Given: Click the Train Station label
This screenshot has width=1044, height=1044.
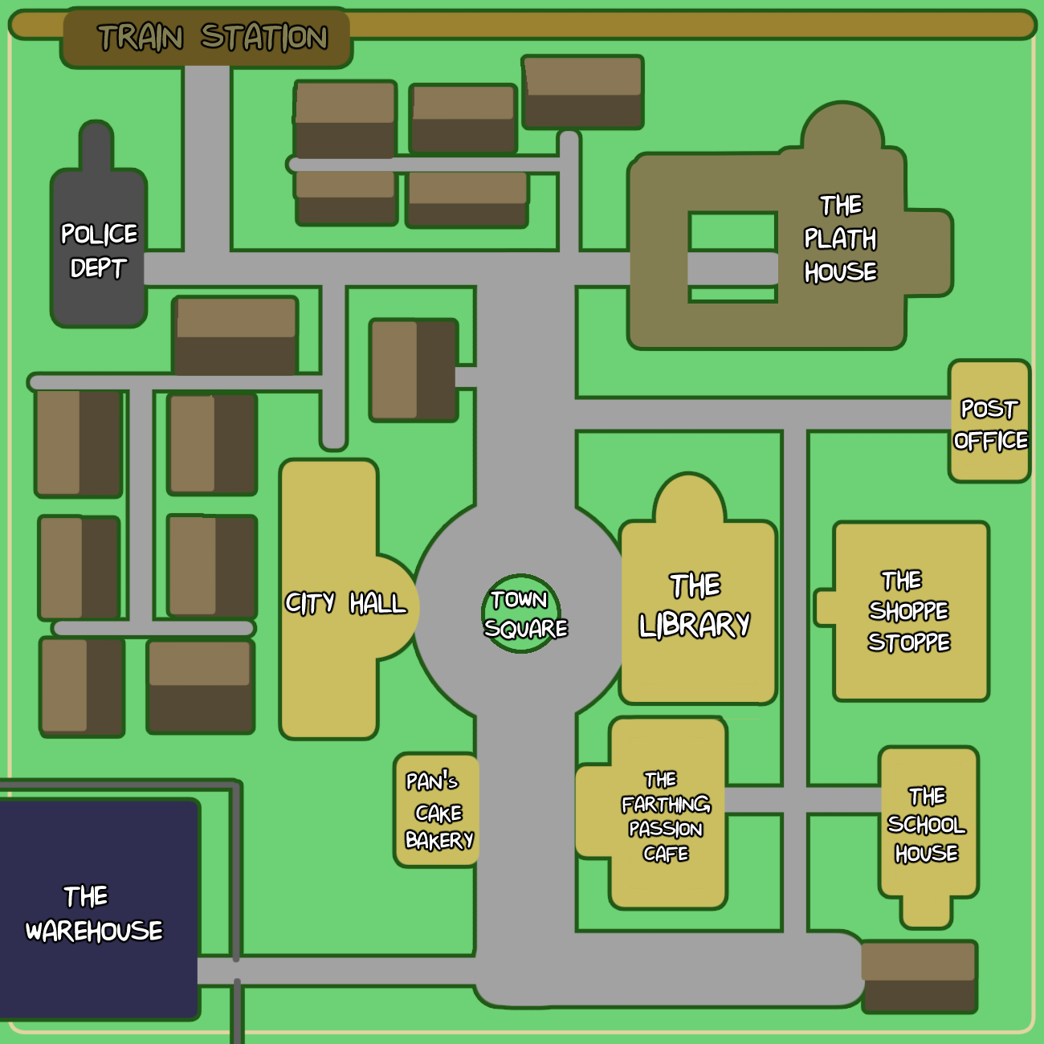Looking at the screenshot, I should (x=212, y=38).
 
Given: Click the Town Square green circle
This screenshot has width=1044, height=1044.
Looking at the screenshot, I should (x=521, y=614).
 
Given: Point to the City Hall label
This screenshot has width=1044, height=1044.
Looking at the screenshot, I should (x=345, y=603).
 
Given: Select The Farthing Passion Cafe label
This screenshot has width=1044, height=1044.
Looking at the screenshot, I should (x=666, y=817).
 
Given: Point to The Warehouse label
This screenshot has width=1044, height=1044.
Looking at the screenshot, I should (x=93, y=914).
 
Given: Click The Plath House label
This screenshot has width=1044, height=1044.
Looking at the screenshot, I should (x=840, y=239).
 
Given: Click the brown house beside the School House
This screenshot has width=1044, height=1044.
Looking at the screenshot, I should (x=919, y=977).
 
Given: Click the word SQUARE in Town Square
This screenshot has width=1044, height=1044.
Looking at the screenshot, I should (x=526, y=629).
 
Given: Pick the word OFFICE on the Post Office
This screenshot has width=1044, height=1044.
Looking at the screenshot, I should (x=990, y=441).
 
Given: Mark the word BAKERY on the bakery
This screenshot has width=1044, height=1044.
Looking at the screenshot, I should (x=439, y=841).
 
